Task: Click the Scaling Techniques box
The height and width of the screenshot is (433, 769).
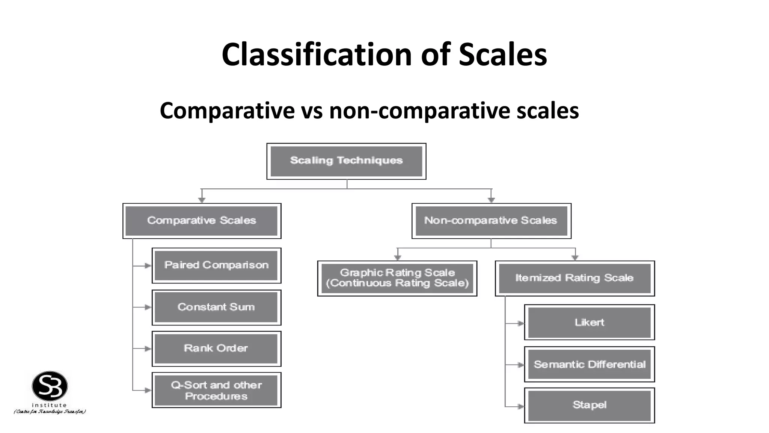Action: click(346, 161)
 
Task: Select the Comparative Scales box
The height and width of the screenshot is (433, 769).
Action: click(202, 221)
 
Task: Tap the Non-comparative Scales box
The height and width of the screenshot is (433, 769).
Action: click(491, 221)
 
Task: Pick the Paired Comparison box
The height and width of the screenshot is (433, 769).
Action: click(216, 265)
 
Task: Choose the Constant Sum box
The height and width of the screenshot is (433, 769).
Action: click(216, 307)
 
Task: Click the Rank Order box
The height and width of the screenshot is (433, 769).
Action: click(216, 348)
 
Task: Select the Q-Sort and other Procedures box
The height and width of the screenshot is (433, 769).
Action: click(216, 390)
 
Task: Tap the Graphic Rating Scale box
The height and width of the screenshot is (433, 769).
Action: click(397, 278)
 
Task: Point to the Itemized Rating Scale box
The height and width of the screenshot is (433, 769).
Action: click(574, 278)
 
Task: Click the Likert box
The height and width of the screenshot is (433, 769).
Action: click(589, 322)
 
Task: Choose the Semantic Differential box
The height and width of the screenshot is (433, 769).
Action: click(589, 364)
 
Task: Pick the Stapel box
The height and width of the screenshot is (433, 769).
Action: click(589, 405)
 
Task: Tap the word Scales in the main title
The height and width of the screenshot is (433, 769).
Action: click(502, 55)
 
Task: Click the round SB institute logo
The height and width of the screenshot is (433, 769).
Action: click(50, 386)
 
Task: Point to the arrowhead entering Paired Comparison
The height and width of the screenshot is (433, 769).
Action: click(148, 266)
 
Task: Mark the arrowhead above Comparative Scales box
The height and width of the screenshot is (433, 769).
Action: click(202, 200)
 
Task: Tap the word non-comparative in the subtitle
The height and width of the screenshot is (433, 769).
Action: click(419, 111)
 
